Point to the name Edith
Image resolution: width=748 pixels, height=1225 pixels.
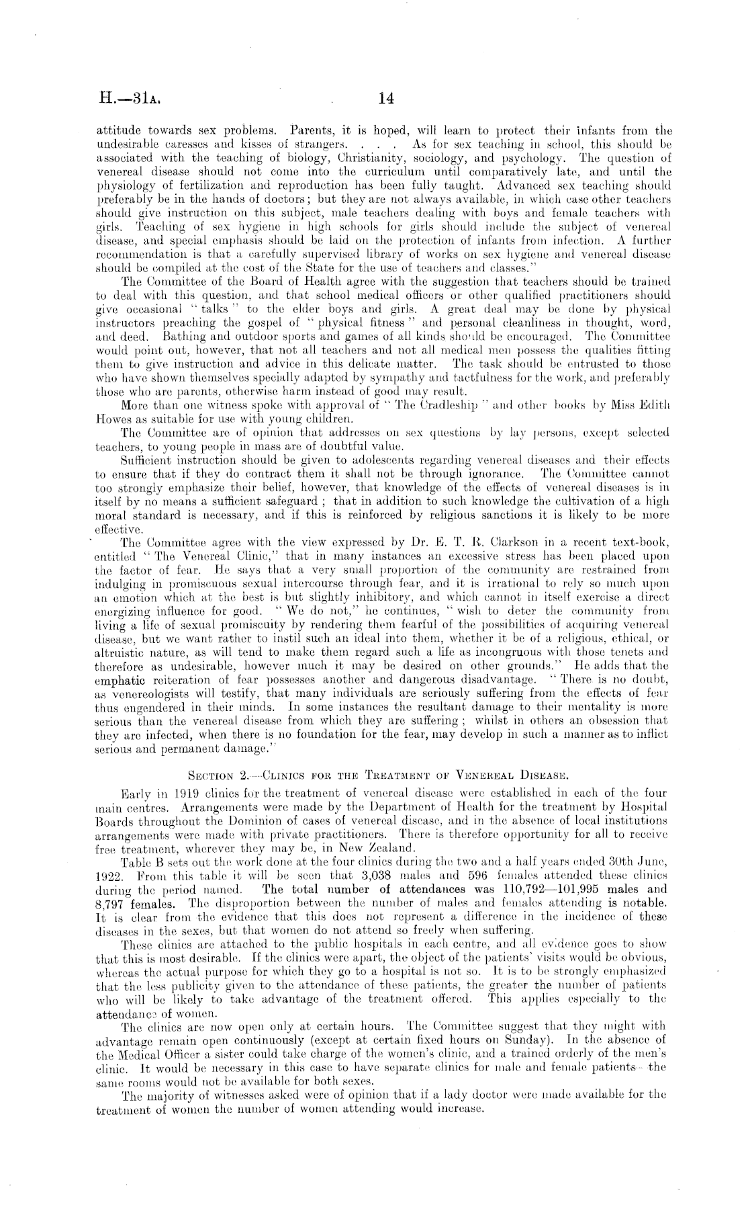[x=655, y=405]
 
